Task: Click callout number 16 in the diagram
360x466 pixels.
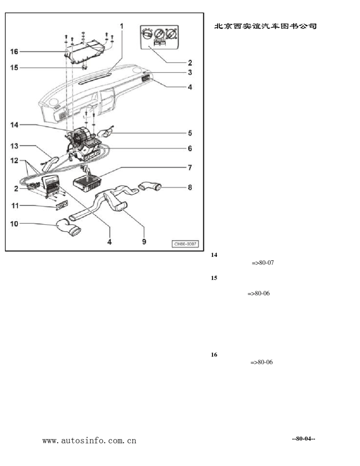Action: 14,52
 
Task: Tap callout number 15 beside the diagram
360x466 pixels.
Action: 14,68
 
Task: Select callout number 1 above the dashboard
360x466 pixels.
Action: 122,26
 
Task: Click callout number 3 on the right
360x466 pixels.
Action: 190,72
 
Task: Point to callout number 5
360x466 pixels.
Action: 190,133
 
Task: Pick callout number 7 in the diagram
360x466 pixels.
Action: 190,167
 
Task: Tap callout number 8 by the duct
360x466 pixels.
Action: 190,188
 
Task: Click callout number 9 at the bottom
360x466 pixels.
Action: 144,242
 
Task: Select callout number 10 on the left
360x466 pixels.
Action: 14,224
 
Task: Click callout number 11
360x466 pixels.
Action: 15,206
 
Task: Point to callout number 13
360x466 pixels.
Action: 14,146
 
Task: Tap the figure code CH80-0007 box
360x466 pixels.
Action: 185,244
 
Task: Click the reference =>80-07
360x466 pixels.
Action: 263,263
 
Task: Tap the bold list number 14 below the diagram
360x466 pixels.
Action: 214,255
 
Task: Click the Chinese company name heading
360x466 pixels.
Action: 265,26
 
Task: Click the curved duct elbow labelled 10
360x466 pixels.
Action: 69,227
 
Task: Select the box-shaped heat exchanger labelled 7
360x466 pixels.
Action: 87,182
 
